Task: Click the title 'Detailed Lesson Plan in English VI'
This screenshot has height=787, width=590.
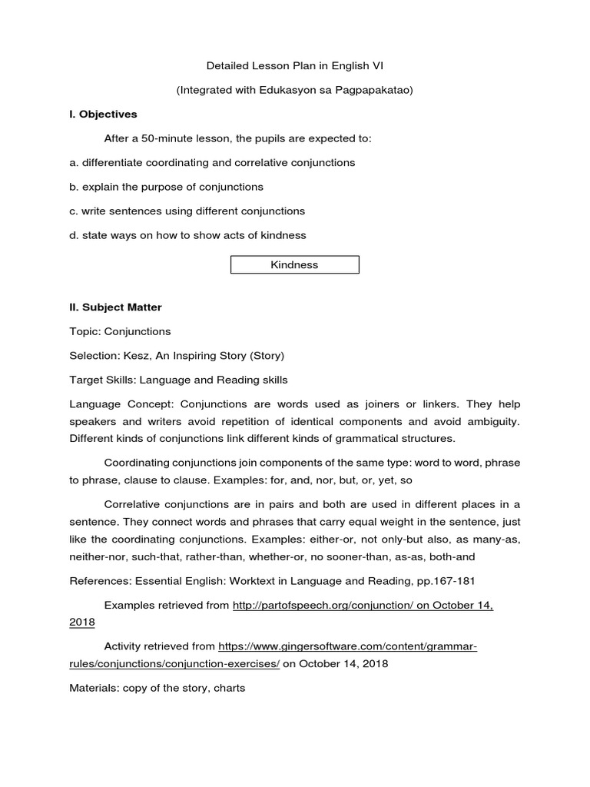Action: coord(295,66)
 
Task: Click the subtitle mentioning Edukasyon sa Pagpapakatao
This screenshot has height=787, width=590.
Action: coord(295,90)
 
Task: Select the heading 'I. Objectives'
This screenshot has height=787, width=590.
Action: coord(103,114)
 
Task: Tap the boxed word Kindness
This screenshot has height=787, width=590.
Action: coord(295,265)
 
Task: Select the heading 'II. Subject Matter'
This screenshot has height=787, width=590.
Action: coord(115,307)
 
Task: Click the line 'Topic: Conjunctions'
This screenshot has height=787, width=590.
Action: coord(120,331)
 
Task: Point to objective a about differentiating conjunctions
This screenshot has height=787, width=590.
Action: coord(212,162)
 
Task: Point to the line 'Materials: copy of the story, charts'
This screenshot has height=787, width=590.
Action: coord(157,688)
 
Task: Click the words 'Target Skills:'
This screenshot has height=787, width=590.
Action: coord(101,380)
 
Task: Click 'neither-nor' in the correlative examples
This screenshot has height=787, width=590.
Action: coord(98,556)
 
